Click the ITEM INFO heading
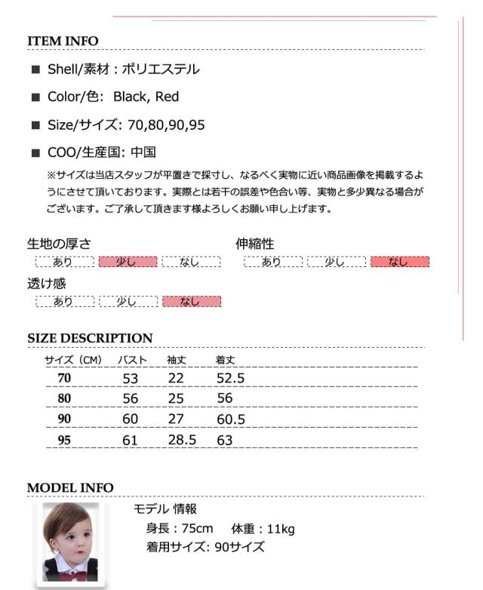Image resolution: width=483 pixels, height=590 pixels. click(x=63, y=41)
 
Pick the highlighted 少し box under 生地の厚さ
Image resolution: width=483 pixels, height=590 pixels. click(x=128, y=262)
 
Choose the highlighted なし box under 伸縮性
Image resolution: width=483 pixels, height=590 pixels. click(x=398, y=262)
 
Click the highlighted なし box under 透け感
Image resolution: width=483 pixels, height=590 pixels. click(x=191, y=302)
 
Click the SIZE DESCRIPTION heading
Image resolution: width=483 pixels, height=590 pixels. click(x=90, y=338)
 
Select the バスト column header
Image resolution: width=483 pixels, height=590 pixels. click(x=134, y=360)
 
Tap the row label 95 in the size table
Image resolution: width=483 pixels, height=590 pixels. click(x=64, y=440)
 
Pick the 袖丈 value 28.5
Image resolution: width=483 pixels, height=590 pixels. click(x=182, y=440)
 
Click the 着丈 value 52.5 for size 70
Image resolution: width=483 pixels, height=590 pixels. click(x=230, y=378)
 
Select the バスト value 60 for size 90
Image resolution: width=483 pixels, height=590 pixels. click(x=131, y=419)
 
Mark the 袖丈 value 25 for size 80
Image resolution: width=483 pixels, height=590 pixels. click(x=176, y=398)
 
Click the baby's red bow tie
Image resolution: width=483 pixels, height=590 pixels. click(x=72, y=573)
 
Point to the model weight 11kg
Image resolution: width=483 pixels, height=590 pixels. click(x=277, y=529)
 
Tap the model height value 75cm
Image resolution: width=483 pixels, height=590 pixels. click(x=198, y=529)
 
